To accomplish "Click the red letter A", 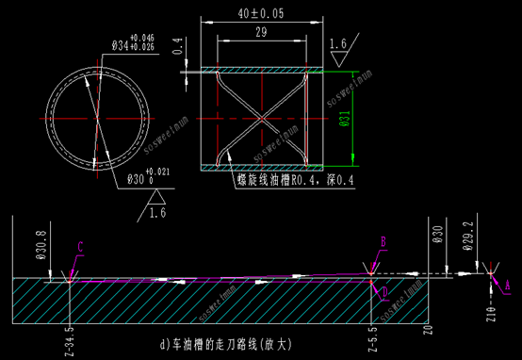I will click(507, 282).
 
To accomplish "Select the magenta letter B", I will click(383, 241).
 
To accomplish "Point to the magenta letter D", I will click(384, 293).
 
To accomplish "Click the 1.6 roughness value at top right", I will click(339, 42).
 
